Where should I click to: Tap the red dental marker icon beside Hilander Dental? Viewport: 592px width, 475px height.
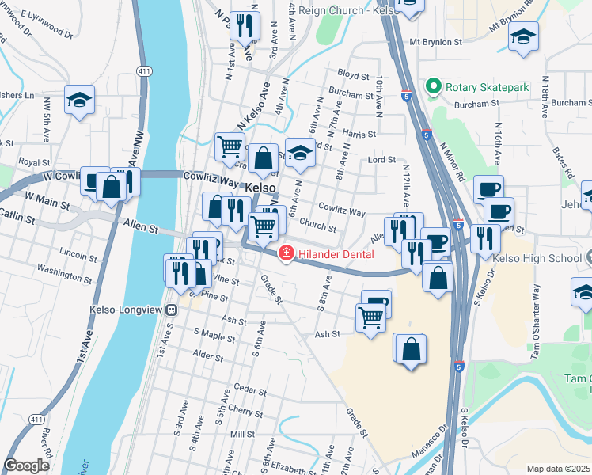pyautogui.click(x=284, y=253)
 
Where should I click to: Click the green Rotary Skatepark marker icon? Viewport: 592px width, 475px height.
pyautogui.click(x=433, y=85)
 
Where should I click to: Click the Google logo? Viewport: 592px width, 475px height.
pyautogui.click(x=26, y=465)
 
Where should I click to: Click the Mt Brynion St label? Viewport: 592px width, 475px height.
pyautogui.click(x=435, y=41)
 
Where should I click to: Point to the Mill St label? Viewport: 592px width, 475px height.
pyautogui.click(x=241, y=435)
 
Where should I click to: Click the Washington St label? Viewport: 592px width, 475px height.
pyautogui.click(x=64, y=275)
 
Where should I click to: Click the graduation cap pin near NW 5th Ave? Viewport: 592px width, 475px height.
pyautogui.click(x=79, y=100)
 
